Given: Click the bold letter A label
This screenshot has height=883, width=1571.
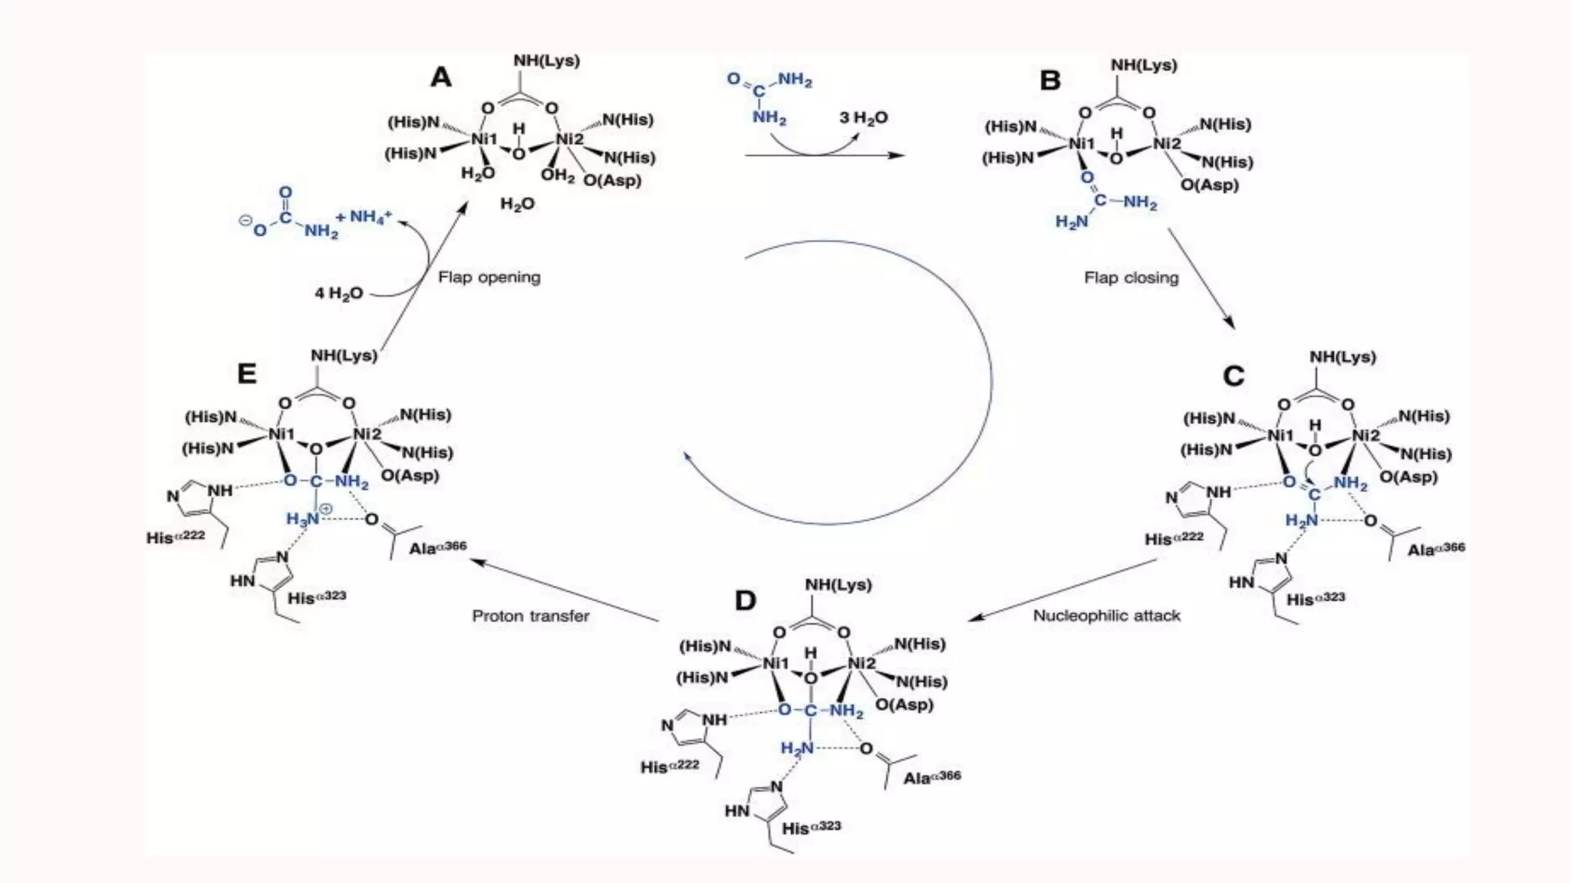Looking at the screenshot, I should [x=441, y=77].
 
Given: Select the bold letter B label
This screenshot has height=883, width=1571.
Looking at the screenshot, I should [x=1049, y=80].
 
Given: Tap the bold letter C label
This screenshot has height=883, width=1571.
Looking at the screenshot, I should [x=1233, y=376].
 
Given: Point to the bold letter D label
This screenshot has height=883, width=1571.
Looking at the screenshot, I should [x=746, y=601].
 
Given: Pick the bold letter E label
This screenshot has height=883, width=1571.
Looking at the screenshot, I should [x=246, y=374].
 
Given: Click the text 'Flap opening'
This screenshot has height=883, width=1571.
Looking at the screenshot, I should [x=489, y=277].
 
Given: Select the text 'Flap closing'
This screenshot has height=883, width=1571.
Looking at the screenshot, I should [x=1131, y=278].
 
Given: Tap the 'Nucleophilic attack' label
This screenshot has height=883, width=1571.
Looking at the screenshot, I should [x=1106, y=615].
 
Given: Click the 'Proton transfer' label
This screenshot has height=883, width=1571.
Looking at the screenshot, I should [x=531, y=616].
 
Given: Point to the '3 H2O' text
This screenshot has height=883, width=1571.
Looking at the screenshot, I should [x=863, y=118].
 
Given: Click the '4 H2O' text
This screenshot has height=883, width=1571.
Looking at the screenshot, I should [x=338, y=294].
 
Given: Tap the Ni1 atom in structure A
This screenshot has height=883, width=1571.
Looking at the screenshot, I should [x=484, y=140].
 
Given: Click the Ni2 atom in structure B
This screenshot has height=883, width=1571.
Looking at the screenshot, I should [x=1167, y=144].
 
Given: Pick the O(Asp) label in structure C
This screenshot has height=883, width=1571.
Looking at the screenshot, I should [x=1408, y=477].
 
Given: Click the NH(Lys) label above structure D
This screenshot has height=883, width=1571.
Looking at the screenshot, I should [x=838, y=585].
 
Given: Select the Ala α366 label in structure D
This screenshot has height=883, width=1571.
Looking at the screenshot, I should [x=931, y=778].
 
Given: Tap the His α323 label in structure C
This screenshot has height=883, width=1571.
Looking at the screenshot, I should [x=1316, y=599].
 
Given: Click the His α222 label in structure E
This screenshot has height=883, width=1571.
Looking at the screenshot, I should [x=176, y=537].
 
